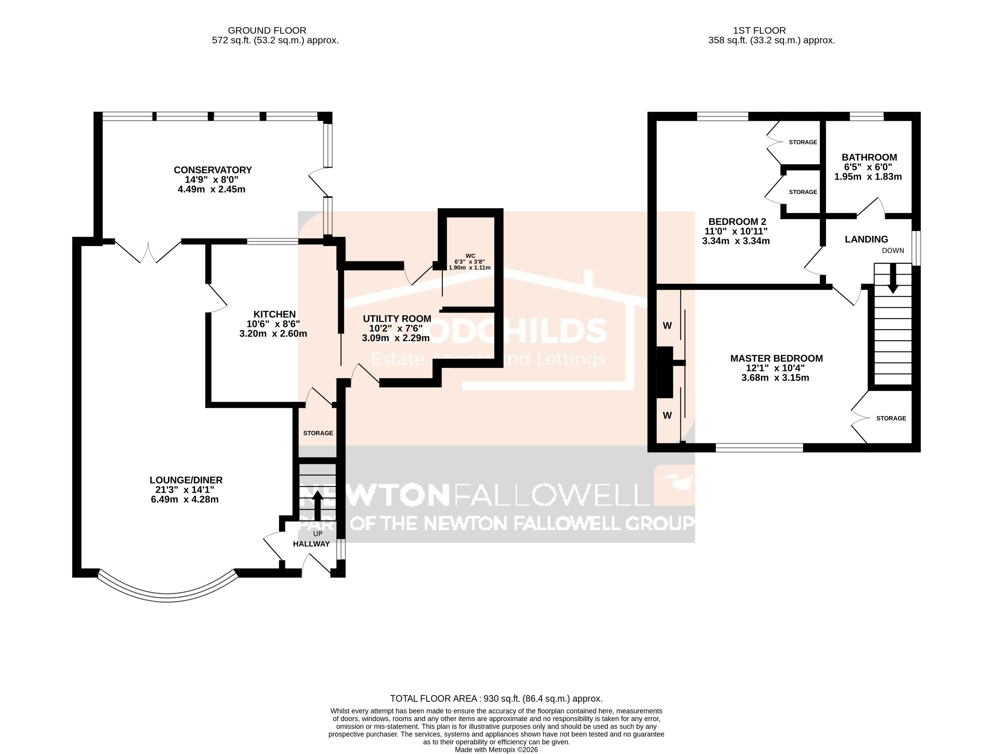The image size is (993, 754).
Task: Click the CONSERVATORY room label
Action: pos(212,170)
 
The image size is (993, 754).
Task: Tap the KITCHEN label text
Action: pos(274,314)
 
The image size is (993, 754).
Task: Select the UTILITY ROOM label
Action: pos(397,319)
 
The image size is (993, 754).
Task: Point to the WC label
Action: pos(470,256)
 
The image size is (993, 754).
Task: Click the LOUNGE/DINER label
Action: pos(186,480)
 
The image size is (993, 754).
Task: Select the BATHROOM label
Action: pos(869,157)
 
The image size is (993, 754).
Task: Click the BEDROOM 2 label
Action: pos(737,222)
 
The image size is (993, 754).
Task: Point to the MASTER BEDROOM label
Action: pos(776,358)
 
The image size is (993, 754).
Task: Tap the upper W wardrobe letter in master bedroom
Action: pos(667,326)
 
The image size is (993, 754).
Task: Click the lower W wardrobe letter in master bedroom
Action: pos(667,416)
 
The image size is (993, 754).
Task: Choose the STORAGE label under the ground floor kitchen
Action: pos(318,433)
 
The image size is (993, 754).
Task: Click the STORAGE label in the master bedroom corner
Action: pos(891,418)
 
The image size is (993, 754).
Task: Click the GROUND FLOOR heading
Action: pos(267,31)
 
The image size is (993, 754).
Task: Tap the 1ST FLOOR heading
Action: pos(759,31)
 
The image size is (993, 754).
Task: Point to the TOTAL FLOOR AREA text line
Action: pos(496,698)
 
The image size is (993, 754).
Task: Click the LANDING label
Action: pos(866,240)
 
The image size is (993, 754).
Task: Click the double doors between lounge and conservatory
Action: pos(148,253)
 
